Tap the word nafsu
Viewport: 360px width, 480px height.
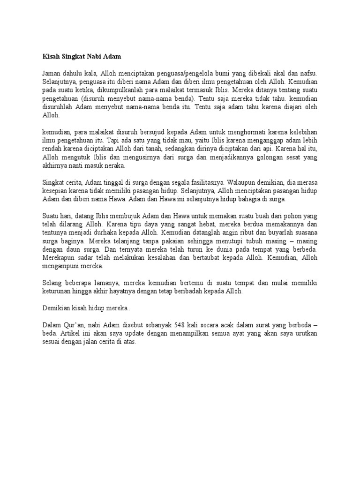click(308, 74)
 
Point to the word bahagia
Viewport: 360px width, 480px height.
click(240, 199)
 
